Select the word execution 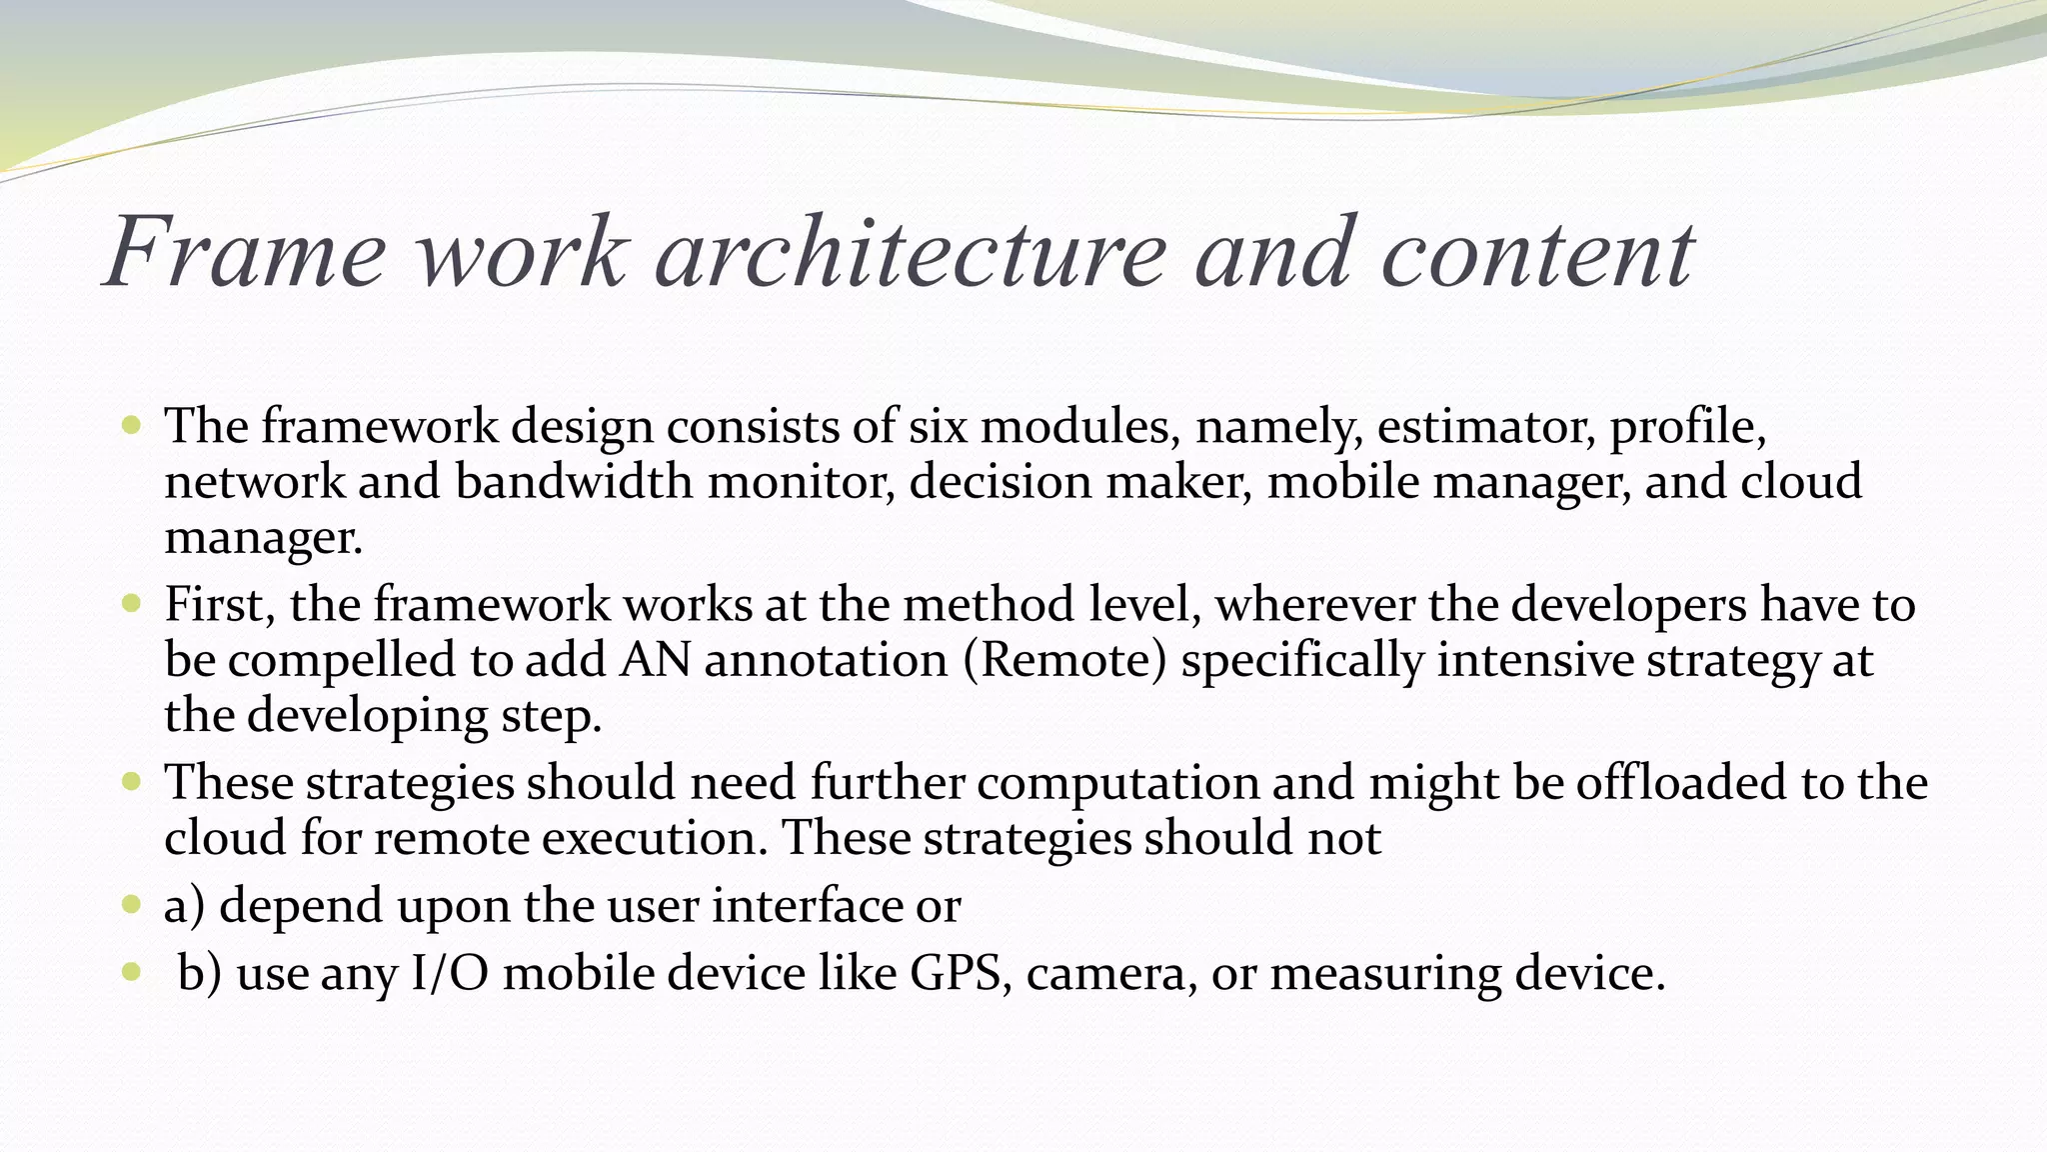click(655, 838)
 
